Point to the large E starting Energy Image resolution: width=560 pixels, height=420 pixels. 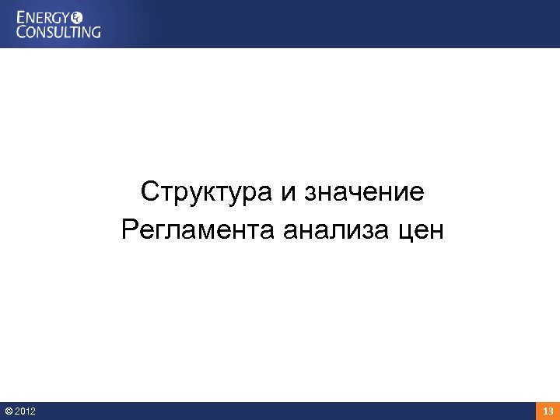(x=21, y=16)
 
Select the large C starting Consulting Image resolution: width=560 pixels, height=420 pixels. (x=22, y=32)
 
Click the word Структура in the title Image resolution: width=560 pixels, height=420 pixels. (x=208, y=191)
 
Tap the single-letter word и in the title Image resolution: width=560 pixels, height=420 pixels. (x=289, y=192)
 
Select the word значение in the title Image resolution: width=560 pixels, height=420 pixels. (x=363, y=192)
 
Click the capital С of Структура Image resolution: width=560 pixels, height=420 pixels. (x=151, y=191)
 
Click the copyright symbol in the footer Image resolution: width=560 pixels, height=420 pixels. (x=9, y=411)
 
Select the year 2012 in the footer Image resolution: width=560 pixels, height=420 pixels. (x=25, y=411)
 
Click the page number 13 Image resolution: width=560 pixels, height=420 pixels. (x=548, y=411)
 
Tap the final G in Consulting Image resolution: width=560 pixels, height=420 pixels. (x=95, y=32)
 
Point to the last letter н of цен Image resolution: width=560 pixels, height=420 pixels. (x=436, y=232)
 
